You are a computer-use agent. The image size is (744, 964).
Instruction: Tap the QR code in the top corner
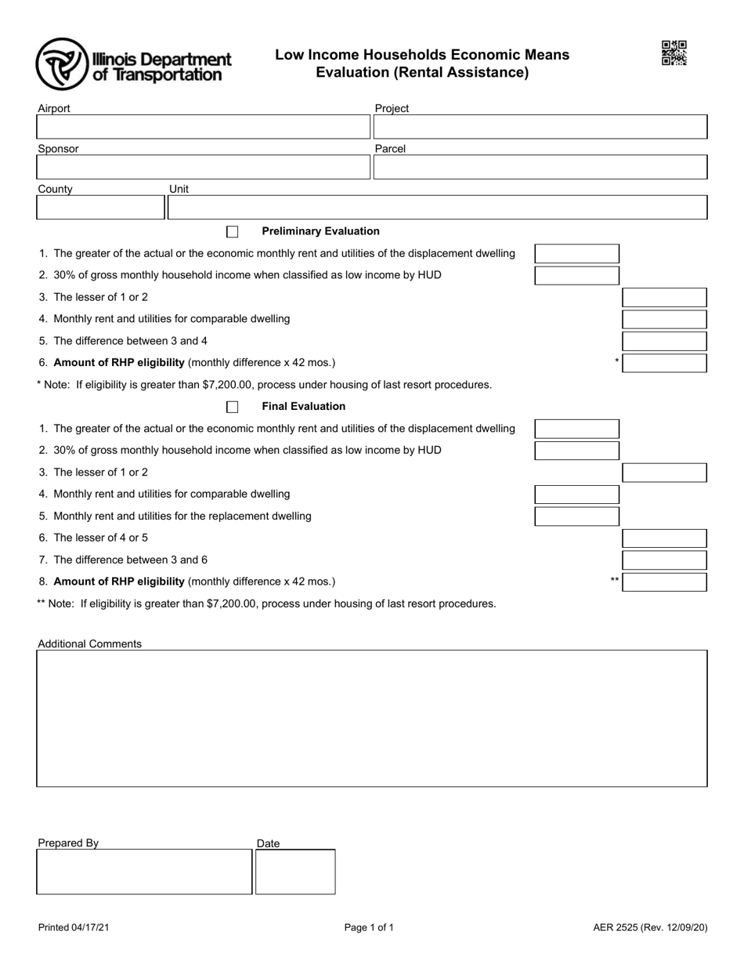pyautogui.click(x=674, y=53)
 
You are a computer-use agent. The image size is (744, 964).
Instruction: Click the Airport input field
pyautogui.click(x=203, y=127)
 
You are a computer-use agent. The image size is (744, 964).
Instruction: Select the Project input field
pyautogui.click(x=540, y=127)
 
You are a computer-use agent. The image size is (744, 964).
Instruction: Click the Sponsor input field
pyautogui.click(x=203, y=167)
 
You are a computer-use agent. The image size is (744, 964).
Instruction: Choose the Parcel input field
pyautogui.click(x=540, y=167)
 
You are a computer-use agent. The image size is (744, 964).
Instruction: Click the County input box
pyautogui.click(x=100, y=208)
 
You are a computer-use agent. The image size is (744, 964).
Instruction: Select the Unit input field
pyautogui.click(x=437, y=208)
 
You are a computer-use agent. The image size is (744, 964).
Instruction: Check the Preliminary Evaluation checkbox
pyautogui.click(x=233, y=232)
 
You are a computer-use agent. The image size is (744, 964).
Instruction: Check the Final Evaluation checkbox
pyautogui.click(x=233, y=407)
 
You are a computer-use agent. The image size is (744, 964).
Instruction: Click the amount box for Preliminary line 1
pyautogui.click(x=576, y=254)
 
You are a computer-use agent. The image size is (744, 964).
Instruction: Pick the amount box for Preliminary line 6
pyautogui.click(x=664, y=363)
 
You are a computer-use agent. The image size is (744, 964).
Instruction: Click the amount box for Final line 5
pyautogui.click(x=576, y=516)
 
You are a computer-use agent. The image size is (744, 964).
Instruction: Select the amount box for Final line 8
pyautogui.click(x=664, y=582)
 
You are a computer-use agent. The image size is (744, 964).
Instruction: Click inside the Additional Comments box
pyautogui.click(x=371, y=718)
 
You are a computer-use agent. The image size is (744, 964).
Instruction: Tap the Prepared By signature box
pyautogui.click(x=144, y=872)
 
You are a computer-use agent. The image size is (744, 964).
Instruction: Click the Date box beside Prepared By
pyautogui.click(x=295, y=872)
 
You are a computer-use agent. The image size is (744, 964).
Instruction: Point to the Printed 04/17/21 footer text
pyautogui.click(x=74, y=928)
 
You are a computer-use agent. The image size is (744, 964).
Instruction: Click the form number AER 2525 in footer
pyautogui.click(x=650, y=928)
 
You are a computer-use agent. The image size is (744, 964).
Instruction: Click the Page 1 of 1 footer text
pyautogui.click(x=369, y=928)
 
